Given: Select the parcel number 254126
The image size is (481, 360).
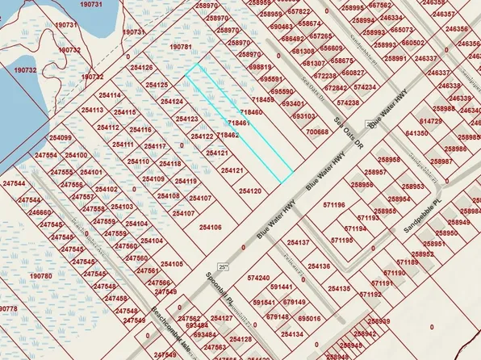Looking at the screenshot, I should (x=140, y=68).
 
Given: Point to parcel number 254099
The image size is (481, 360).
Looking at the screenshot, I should (x=60, y=138).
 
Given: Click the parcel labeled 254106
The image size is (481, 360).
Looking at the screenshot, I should (x=209, y=228).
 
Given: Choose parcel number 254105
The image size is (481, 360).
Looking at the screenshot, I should (x=172, y=264).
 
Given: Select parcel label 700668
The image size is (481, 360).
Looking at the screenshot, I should (x=318, y=132).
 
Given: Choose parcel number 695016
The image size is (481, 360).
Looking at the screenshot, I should (x=309, y=319).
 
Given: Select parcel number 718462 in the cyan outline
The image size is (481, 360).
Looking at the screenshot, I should (x=228, y=136).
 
